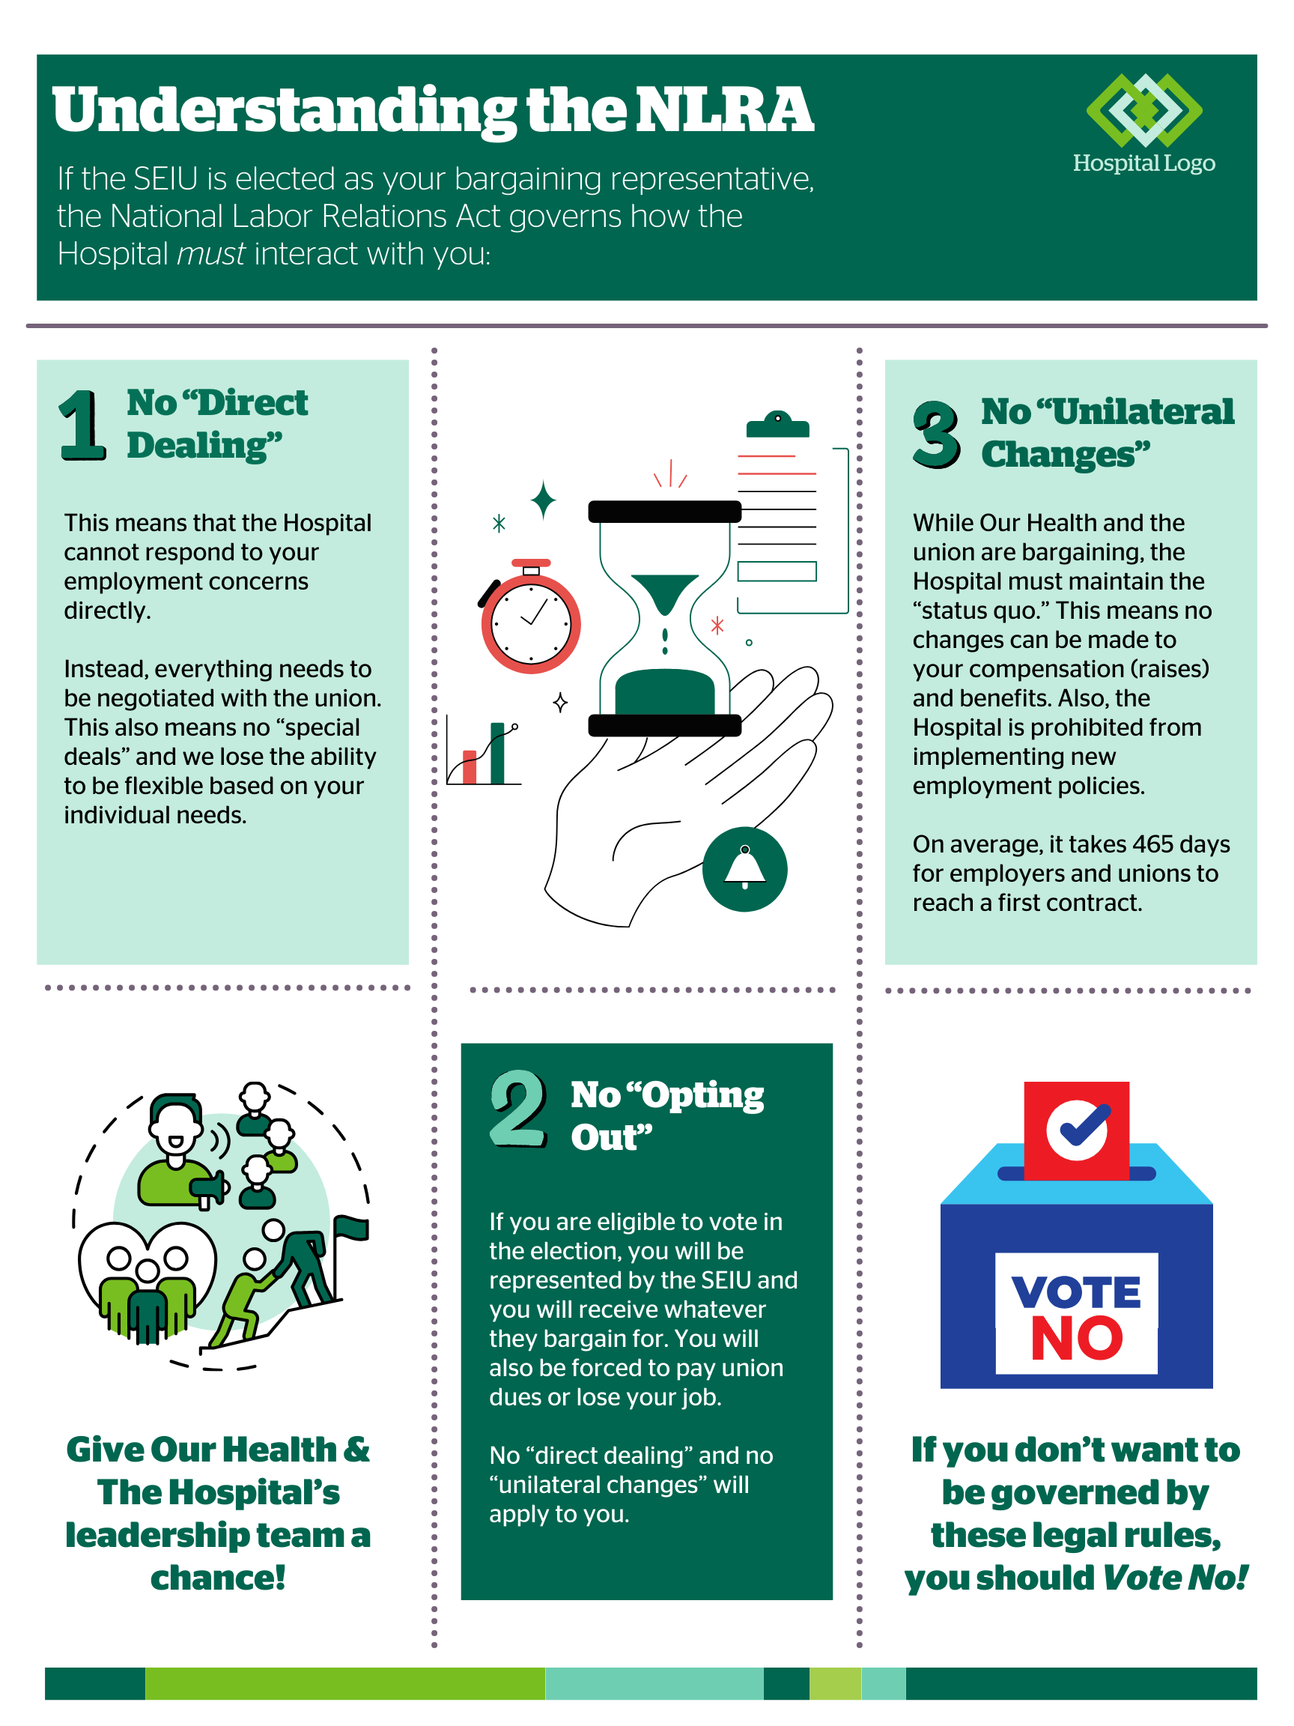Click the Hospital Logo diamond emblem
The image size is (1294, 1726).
click(1143, 110)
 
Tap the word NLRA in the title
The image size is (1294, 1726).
click(725, 110)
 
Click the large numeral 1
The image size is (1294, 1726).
click(81, 426)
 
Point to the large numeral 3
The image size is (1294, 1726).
click(935, 434)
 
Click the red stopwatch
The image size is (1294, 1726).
click(530, 622)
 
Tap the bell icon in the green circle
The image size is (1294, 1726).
click(745, 868)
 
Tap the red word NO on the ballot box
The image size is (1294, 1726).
click(1076, 1339)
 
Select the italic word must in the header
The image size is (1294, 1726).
click(210, 255)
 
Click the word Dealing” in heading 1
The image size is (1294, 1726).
click(204, 446)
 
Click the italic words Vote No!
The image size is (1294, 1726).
click(1175, 1578)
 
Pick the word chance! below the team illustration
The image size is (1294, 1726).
click(218, 1578)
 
